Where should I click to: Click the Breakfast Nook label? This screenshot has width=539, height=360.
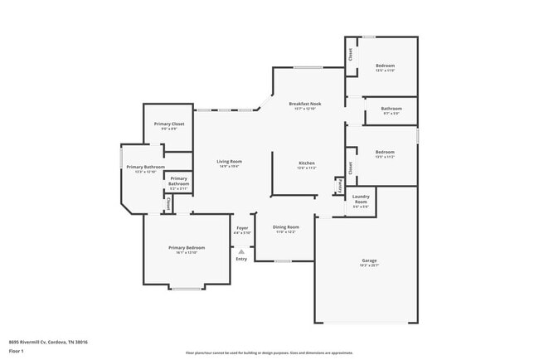click(305, 104)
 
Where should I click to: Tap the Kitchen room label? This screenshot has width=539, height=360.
click(306, 163)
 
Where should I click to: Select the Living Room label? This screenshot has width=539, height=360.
click(229, 162)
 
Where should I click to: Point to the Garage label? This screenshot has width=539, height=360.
click(368, 260)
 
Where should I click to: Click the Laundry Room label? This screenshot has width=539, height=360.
click(361, 200)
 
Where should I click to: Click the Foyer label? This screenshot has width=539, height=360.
click(242, 227)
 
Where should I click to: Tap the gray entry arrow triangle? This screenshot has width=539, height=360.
click(241, 252)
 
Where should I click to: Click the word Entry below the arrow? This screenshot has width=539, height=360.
click(241, 260)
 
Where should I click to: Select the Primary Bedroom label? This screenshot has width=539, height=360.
click(187, 248)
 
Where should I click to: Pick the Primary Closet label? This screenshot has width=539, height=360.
click(168, 124)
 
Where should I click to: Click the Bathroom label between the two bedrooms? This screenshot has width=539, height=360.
click(391, 109)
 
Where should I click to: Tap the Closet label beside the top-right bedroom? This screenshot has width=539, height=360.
click(351, 55)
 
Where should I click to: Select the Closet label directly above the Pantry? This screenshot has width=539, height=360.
click(351, 168)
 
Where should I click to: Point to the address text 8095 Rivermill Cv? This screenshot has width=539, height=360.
click(48, 342)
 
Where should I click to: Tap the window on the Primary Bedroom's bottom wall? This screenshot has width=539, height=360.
click(187, 289)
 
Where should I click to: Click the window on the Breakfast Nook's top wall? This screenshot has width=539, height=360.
click(308, 67)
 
